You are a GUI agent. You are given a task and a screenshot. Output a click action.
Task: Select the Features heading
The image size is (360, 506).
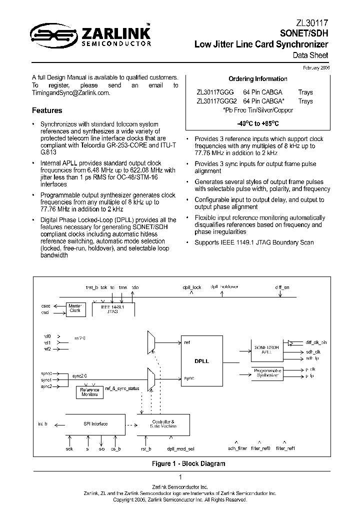tap(47, 110)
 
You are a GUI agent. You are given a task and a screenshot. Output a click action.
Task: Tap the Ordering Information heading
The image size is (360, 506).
tap(257, 79)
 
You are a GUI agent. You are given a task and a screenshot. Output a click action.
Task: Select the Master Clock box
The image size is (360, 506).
tap(75, 308)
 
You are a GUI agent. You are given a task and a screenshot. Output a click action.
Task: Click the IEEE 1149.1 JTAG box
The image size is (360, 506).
tap(109, 309)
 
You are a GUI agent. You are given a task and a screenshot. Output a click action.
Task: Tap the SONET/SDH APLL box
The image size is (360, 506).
tap(267, 349)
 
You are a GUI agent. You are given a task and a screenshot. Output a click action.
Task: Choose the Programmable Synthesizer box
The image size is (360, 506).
tap(267, 372)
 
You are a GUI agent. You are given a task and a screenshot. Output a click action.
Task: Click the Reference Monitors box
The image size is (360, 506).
tap(90, 392)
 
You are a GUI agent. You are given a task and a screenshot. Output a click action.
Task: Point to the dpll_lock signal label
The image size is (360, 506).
tap(191, 287)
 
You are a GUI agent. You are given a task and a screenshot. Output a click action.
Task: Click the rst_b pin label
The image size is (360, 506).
tap(146, 449)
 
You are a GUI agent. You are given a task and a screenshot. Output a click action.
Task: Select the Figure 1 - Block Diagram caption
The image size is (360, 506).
tap(188, 463)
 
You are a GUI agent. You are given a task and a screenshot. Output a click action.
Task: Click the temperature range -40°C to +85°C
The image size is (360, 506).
tap(257, 123)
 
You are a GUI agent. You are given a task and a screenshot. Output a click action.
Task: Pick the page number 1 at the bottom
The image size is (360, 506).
tap(180, 477)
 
